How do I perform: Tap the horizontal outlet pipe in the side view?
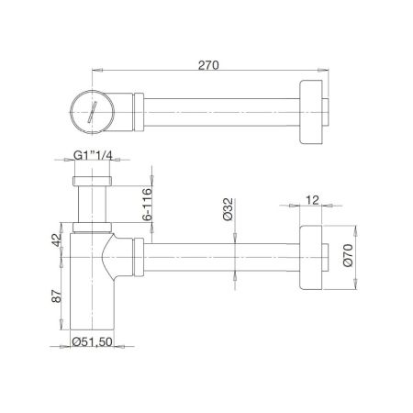pyautogui.click(x=220, y=257)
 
